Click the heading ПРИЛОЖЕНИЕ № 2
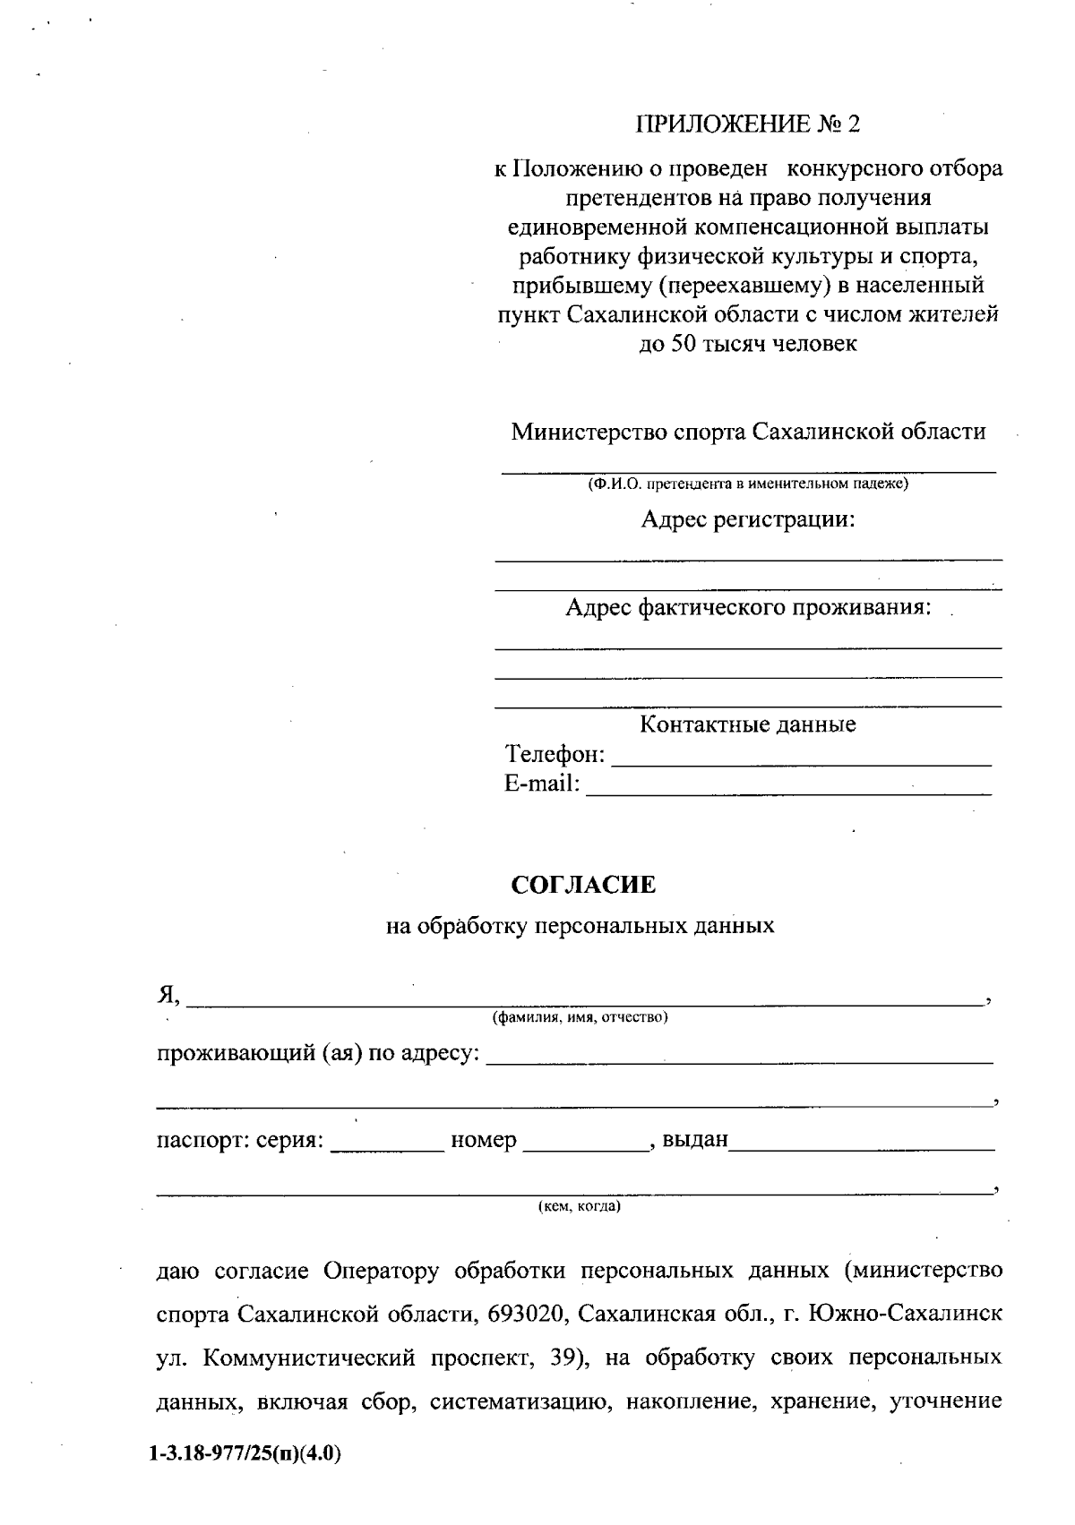tap(747, 124)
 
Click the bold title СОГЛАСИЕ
tap(583, 885)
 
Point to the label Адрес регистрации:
tap(747, 519)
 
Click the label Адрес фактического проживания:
tap(747, 608)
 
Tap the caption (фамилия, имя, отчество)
tap(580, 1017)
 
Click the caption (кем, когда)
tap(579, 1206)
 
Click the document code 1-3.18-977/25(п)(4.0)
tap(245, 1455)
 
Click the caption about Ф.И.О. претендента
tap(747, 484)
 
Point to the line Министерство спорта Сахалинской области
tap(747, 432)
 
